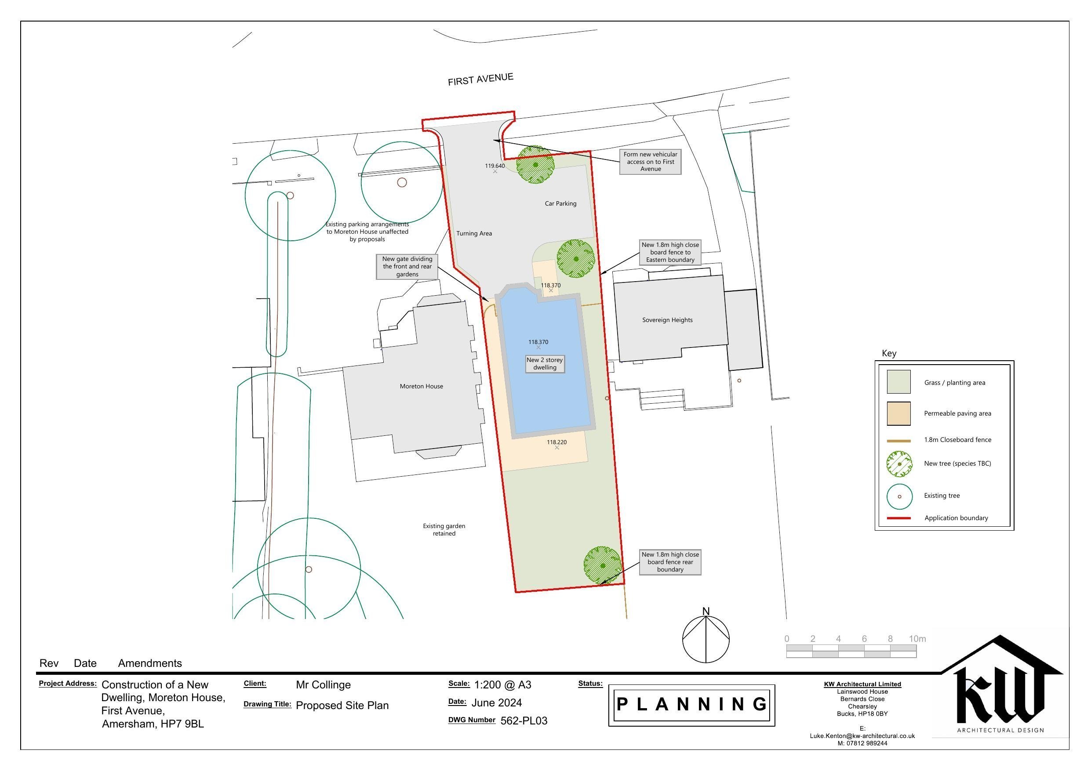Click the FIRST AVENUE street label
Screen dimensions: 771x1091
coord(480,80)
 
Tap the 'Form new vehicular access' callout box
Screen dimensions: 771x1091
coord(650,162)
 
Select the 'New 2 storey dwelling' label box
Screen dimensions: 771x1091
coord(545,364)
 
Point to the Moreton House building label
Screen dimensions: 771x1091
coord(421,386)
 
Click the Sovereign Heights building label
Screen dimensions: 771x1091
coord(667,320)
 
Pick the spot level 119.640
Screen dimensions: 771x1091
coord(495,166)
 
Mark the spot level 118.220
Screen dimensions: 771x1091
coord(556,442)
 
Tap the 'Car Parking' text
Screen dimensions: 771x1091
coord(560,203)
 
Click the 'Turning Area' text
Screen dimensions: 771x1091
coord(474,233)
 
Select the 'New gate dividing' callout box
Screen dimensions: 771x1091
coord(407,267)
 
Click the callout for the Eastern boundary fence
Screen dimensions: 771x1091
coord(670,252)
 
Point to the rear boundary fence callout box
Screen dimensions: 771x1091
coord(670,562)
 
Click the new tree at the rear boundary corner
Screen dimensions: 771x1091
coord(603,565)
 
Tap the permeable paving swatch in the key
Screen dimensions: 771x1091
coord(898,413)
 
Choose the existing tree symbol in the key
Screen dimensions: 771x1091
coord(899,496)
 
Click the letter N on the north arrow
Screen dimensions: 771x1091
coord(706,612)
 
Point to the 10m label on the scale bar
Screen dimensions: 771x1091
coord(917,639)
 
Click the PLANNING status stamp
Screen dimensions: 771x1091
coord(691,705)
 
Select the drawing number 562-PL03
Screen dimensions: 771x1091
coord(524,720)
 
